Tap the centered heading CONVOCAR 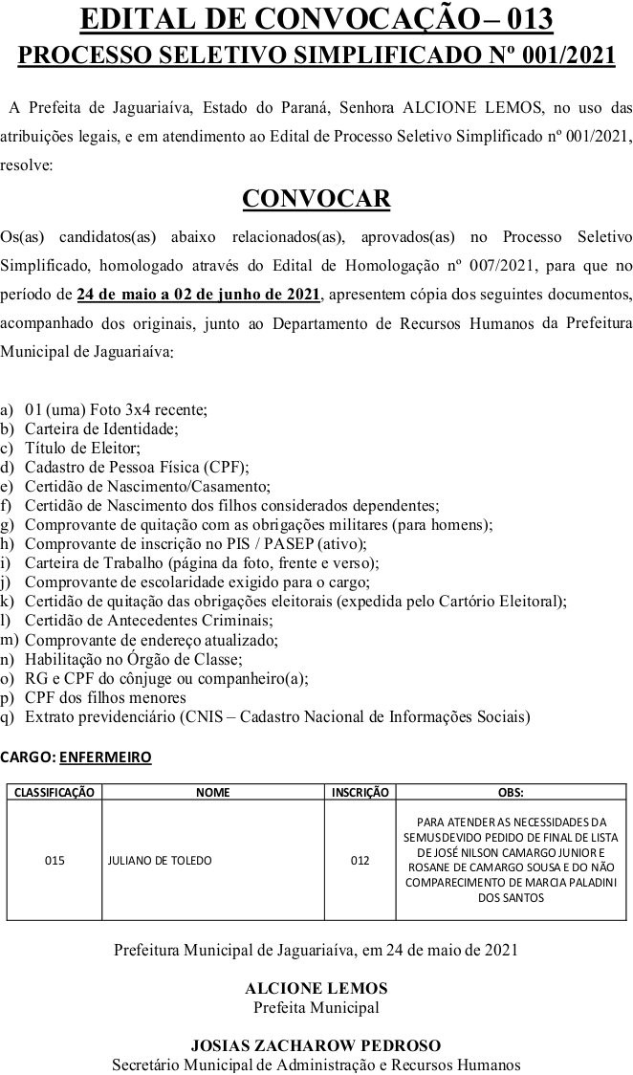[316, 198]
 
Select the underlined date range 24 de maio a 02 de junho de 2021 [199, 293]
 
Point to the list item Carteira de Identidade [101, 428]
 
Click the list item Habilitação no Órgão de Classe [134, 659]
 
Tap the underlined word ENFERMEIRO [105, 757]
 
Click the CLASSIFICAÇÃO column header [55, 792]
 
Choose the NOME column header [213, 792]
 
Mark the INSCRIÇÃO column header [360, 792]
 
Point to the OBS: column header [511, 792]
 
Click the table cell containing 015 [55, 860]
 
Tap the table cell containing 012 [360, 860]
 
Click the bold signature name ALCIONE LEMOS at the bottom [316, 988]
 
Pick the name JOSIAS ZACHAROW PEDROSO [316, 1045]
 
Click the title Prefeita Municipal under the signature [316, 1007]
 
